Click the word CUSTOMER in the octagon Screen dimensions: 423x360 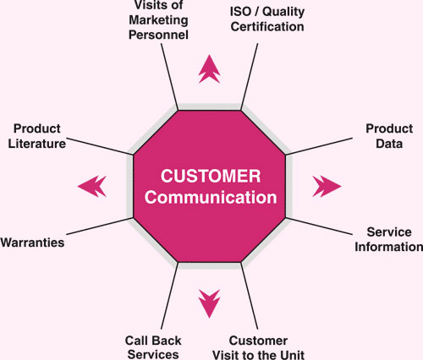[211, 176]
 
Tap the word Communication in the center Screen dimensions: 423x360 [211, 197]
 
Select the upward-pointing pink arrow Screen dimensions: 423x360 [209, 69]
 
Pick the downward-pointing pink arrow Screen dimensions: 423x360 [209, 303]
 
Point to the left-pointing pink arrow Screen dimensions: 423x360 [92, 186]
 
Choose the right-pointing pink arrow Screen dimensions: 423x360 [327, 186]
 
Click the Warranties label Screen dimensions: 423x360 [32, 243]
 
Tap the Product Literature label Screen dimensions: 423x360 [37, 136]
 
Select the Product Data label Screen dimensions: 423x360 [389, 136]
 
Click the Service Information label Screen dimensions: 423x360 [389, 239]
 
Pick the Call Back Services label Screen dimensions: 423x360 [153, 347]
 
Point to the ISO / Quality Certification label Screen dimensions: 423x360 [267, 19]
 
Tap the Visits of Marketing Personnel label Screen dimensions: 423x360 [158, 20]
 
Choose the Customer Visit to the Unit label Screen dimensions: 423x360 [258, 347]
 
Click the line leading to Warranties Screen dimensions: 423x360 [100, 226]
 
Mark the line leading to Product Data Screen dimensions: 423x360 [319, 146]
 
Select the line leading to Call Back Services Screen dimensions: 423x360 [169, 296]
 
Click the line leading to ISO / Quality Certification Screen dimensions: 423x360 [250, 77]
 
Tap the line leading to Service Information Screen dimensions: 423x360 [319, 226]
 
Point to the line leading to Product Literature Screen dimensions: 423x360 [100, 146]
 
